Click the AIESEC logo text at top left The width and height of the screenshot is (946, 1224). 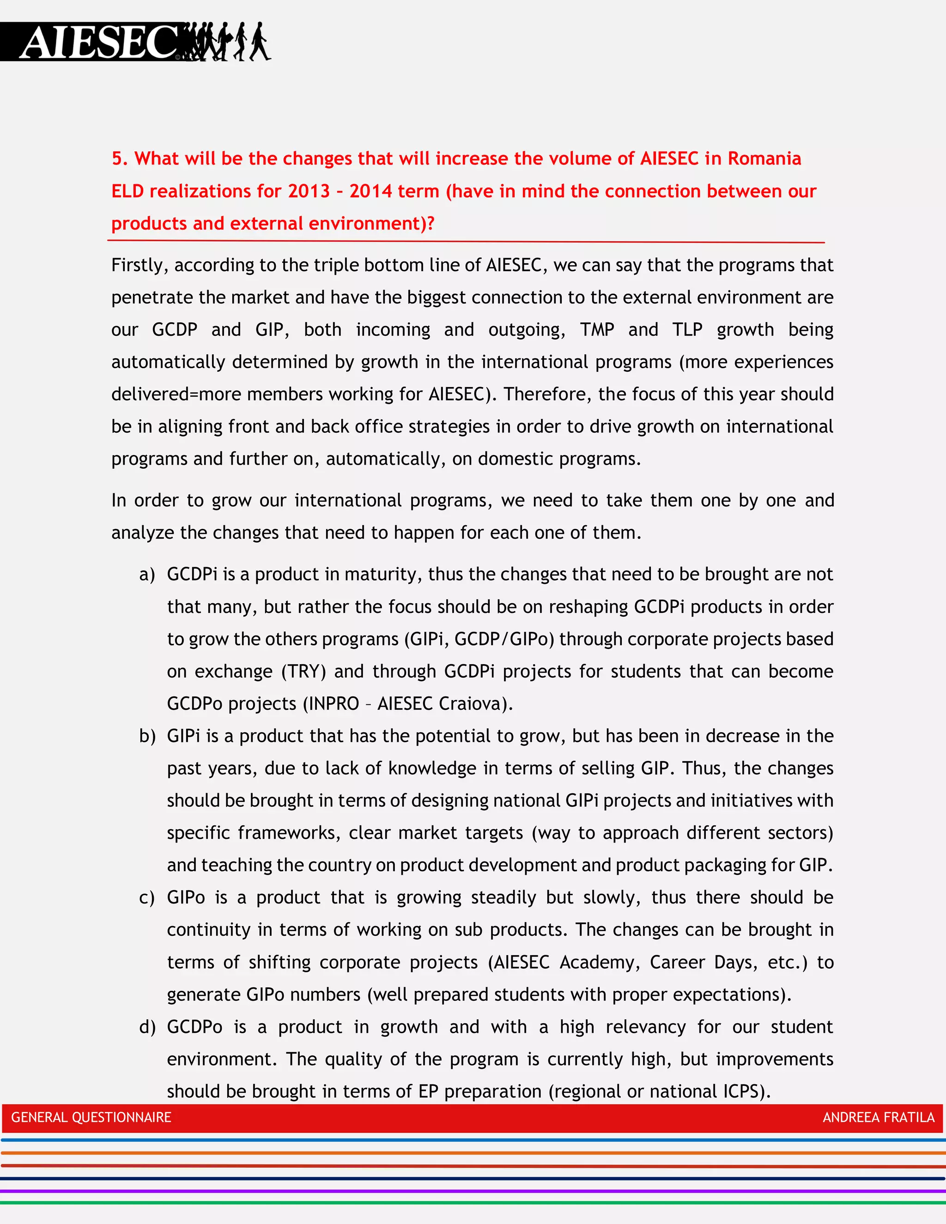[98, 42]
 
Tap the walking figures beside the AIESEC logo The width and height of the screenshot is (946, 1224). [227, 42]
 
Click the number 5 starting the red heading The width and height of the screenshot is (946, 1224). [116, 158]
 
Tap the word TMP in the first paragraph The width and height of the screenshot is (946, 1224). [597, 329]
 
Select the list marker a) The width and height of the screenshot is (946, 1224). [147, 575]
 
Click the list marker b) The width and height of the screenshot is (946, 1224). [147, 736]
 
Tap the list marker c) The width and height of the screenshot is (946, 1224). [147, 898]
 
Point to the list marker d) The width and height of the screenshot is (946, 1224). [147, 1027]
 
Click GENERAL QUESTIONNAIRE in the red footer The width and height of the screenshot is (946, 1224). [91, 1117]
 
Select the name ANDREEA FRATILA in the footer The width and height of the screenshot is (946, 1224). [878, 1117]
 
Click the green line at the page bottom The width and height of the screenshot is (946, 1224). [473, 1203]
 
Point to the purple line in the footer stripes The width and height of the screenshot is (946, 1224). [473, 1190]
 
